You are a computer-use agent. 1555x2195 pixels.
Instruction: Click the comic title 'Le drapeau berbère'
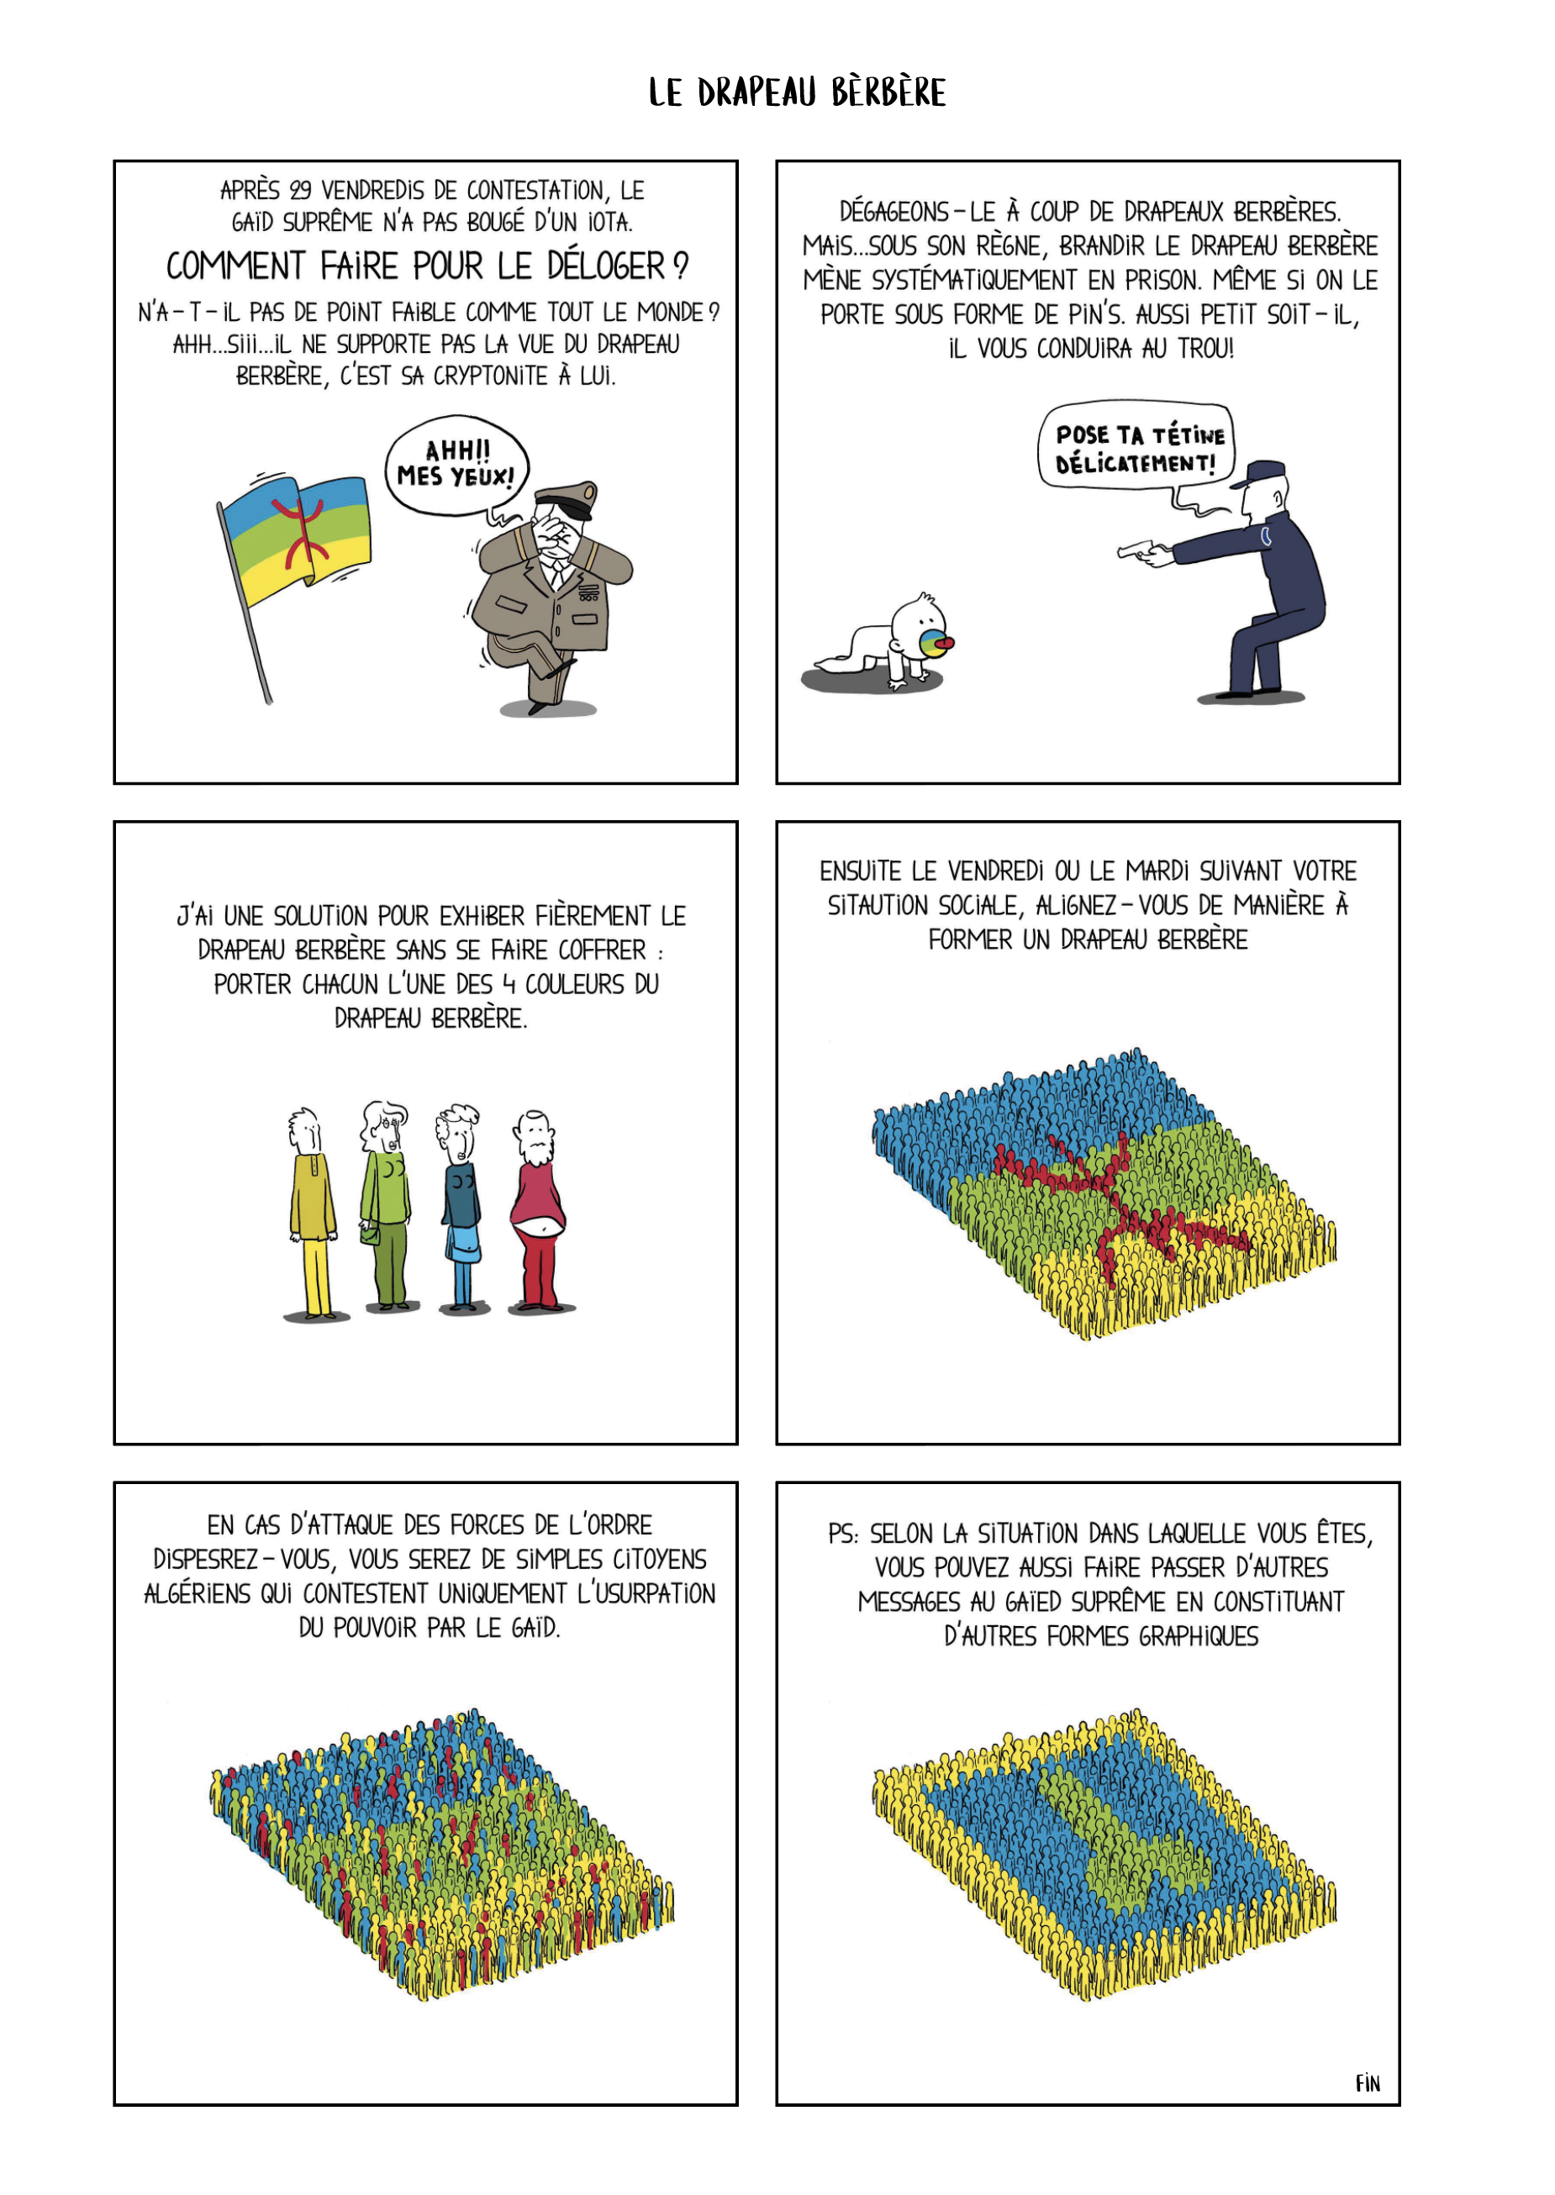pyautogui.click(x=797, y=92)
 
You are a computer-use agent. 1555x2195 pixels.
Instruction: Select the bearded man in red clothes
pyautogui.click(x=538, y=1210)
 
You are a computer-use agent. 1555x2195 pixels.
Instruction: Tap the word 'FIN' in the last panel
pyautogui.click(x=1368, y=2083)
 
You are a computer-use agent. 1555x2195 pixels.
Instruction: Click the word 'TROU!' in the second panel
pyautogui.click(x=1205, y=349)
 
